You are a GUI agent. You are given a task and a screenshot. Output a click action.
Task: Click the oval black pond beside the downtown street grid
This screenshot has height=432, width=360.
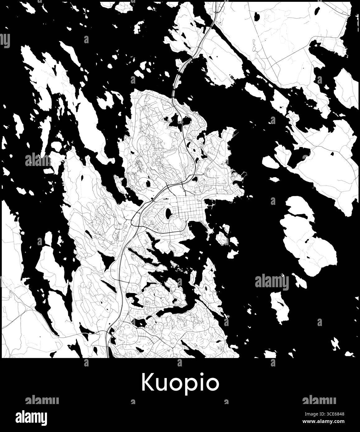point(168,213)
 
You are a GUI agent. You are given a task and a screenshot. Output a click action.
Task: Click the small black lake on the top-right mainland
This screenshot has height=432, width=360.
point(257,16)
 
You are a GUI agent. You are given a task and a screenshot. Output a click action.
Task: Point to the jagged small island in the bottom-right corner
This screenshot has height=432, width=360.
point(335,344)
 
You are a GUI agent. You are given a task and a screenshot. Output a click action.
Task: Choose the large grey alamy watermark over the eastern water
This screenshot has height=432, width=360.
point(272,282)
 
